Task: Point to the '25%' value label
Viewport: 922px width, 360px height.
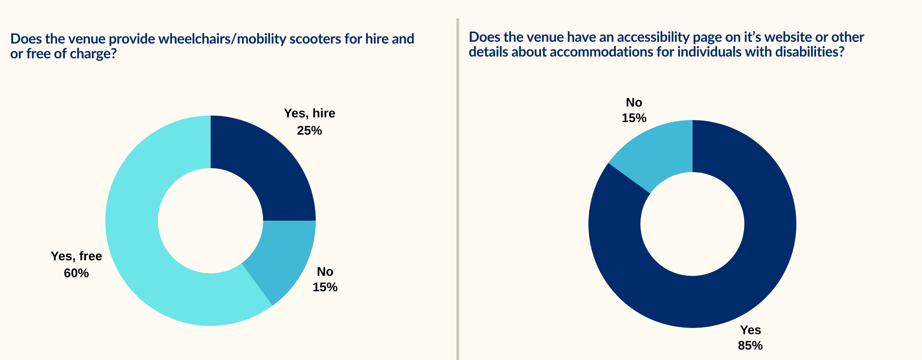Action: [309, 130]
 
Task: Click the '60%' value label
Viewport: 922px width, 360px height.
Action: [76, 273]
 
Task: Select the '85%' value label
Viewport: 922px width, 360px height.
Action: [750, 346]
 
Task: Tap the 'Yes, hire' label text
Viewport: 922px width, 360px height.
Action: [309, 113]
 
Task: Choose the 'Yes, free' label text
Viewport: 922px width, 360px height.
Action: [76, 256]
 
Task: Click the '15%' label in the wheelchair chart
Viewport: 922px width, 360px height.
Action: [325, 287]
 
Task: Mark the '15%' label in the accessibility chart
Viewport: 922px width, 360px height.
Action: [634, 118]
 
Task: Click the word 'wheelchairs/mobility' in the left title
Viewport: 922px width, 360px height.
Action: [222, 39]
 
